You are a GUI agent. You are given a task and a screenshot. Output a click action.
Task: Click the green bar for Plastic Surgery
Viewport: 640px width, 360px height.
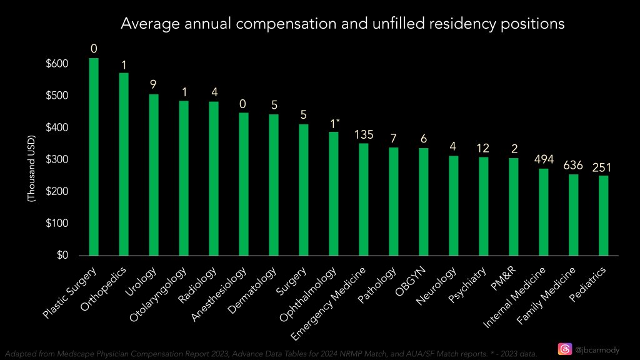point(94,156)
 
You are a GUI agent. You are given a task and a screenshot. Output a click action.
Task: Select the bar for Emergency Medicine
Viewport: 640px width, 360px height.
point(364,199)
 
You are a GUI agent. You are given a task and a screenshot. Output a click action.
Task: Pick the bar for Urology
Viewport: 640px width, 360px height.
point(154,174)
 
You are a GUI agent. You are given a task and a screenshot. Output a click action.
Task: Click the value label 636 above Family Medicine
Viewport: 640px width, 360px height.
point(573,166)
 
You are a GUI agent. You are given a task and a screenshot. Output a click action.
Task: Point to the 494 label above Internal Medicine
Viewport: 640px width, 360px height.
point(543,159)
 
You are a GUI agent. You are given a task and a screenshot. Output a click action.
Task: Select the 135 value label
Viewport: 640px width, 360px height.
point(364,134)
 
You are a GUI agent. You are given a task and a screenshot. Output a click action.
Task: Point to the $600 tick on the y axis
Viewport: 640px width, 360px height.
point(57,64)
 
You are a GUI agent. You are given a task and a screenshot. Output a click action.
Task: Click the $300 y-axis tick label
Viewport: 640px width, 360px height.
point(57,160)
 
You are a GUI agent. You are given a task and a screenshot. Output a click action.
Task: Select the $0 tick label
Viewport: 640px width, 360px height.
point(61,256)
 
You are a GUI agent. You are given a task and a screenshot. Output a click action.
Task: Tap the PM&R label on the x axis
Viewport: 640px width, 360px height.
point(504,274)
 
